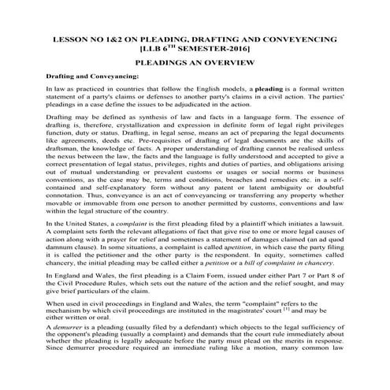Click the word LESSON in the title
click(67, 37)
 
